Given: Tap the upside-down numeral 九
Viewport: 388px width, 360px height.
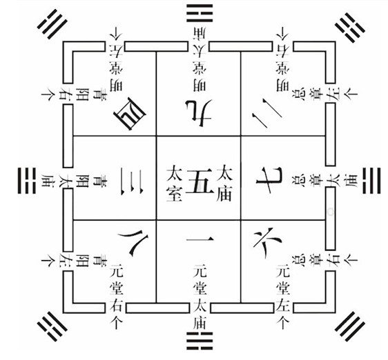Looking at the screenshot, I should (x=199, y=110).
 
